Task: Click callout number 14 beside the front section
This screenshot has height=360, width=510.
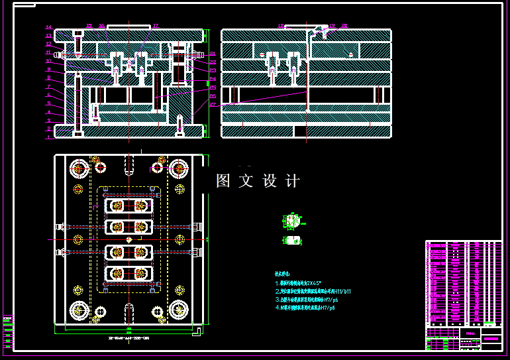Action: pyautogui.click(x=49, y=27)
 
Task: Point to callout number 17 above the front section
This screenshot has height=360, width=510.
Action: pyautogui.click(x=156, y=26)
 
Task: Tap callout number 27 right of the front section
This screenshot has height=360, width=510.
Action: pyautogui.click(x=213, y=104)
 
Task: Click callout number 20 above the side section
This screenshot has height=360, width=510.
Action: pyautogui.click(x=344, y=25)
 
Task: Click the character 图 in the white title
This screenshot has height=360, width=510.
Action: pyautogui.click(x=223, y=181)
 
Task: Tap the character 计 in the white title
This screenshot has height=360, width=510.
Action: pyautogui.click(x=293, y=181)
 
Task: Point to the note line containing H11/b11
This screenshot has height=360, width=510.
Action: pyautogui.click(x=313, y=291)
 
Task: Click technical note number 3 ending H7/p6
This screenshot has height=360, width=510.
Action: pyautogui.click(x=305, y=300)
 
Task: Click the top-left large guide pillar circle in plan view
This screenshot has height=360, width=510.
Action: pyautogui.click(x=79, y=168)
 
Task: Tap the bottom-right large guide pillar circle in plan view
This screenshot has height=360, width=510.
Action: pyautogui.click(x=178, y=310)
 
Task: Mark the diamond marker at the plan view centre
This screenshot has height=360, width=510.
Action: pyautogui.click(x=129, y=239)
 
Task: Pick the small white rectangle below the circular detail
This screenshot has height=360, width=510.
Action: pyautogui.click(x=293, y=240)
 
